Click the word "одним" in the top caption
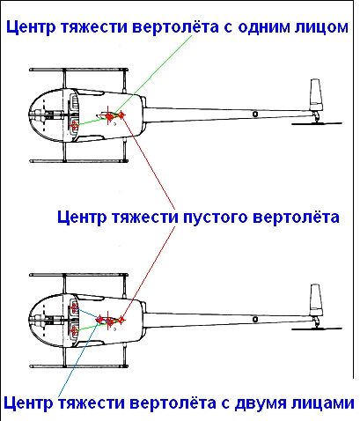(x=264, y=27)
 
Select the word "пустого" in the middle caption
(x=216, y=218)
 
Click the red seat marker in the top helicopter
(x=75, y=126)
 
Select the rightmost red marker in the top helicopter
(x=121, y=114)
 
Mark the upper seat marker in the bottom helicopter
(x=75, y=308)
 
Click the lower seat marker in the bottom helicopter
(x=75, y=331)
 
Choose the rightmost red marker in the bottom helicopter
(x=121, y=320)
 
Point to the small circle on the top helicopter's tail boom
(x=255, y=114)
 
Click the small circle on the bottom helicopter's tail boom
(x=255, y=319)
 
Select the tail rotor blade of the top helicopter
(x=317, y=123)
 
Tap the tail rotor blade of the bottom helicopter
(x=317, y=329)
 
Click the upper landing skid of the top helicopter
(x=78, y=70)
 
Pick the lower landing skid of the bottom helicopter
(x=78, y=366)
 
